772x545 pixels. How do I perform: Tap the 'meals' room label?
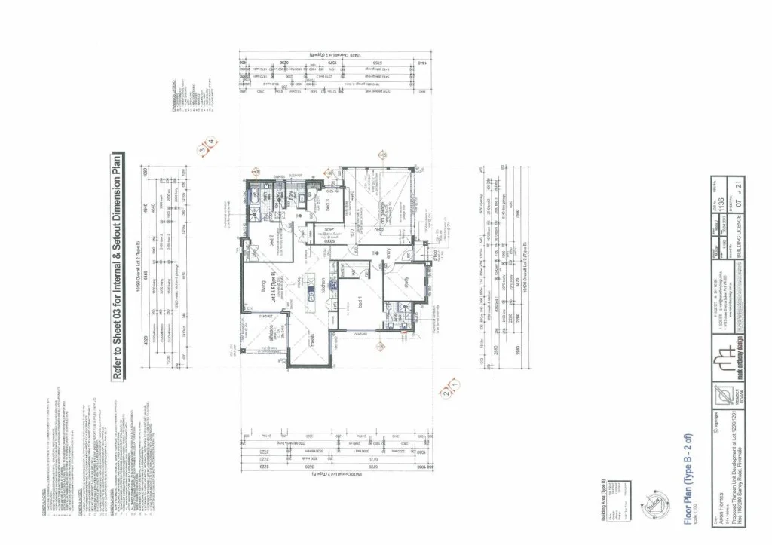click(x=311, y=342)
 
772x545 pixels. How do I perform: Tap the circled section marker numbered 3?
click(x=202, y=149)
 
